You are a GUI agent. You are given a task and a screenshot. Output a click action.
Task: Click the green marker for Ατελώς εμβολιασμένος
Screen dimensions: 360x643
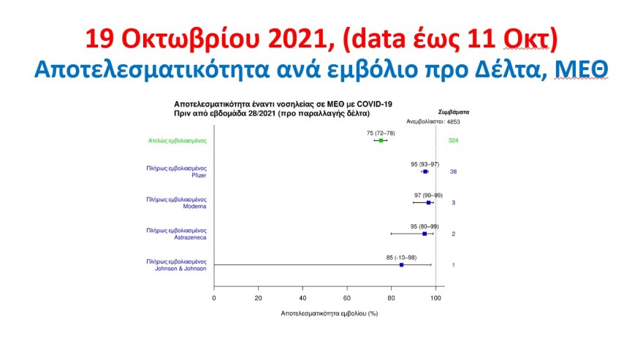click(x=381, y=140)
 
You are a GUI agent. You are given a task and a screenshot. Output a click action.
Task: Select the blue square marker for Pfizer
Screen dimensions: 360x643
click(x=425, y=172)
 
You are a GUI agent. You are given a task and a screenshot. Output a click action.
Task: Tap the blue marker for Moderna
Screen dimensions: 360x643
click(x=429, y=202)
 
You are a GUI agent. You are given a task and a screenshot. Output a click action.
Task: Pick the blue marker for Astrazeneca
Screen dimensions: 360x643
click(x=425, y=234)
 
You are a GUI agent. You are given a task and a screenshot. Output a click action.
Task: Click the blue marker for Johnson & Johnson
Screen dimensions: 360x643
click(x=402, y=264)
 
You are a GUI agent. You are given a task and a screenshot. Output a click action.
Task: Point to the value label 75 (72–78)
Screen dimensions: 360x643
click(x=381, y=133)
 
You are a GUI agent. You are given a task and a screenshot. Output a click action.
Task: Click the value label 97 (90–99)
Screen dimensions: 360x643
click(x=428, y=195)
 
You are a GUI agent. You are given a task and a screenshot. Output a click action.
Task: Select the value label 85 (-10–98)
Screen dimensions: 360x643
click(x=402, y=257)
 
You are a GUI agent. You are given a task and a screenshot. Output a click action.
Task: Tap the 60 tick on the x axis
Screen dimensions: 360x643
click(x=347, y=298)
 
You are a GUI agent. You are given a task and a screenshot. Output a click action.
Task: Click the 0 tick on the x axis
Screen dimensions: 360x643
click(x=214, y=298)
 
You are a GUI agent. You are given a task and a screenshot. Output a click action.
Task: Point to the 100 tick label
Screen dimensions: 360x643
click(x=435, y=298)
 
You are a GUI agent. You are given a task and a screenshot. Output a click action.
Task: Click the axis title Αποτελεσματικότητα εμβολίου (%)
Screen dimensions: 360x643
click(x=329, y=313)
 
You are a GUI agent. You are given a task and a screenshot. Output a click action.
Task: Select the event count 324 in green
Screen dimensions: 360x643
click(x=453, y=140)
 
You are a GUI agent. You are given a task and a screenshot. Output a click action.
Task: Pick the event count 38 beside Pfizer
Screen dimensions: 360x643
click(x=453, y=172)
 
